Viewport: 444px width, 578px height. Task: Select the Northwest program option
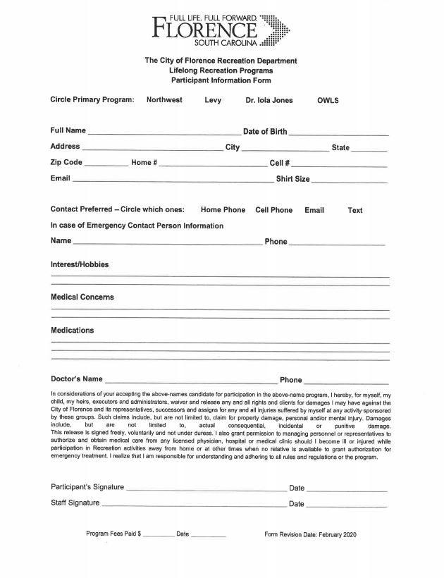(x=164, y=100)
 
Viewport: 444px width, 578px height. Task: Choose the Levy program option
(x=213, y=100)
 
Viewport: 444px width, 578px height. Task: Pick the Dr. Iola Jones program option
(x=269, y=100)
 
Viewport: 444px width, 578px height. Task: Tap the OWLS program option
(x=328, y=100)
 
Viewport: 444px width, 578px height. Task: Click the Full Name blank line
(x=164, y=133)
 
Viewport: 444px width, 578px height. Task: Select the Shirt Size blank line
(x=349, y=181)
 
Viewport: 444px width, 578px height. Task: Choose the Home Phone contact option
(x=223, y=210)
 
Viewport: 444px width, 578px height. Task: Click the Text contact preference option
(x=355, y=210)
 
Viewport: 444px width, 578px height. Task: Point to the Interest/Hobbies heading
(x=80, y=264)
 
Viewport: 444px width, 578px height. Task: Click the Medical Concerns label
(x=82, y=297)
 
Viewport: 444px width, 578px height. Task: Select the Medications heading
(x=72, y=330)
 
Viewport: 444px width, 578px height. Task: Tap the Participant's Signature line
(x=205, y=489)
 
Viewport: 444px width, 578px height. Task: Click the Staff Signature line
(x=193, y=505)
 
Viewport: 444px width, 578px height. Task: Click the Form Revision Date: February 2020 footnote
(x=311, y=535)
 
